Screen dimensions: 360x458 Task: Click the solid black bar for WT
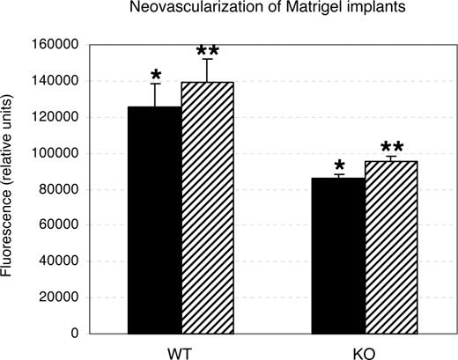[x=154, y=220]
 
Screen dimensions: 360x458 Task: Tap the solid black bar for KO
[x=338, y=255]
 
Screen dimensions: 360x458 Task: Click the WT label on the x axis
[x=181, y=350]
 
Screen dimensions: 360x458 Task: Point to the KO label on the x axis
[x=365, y=350]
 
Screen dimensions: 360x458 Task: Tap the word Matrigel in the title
[x=295, y=9]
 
